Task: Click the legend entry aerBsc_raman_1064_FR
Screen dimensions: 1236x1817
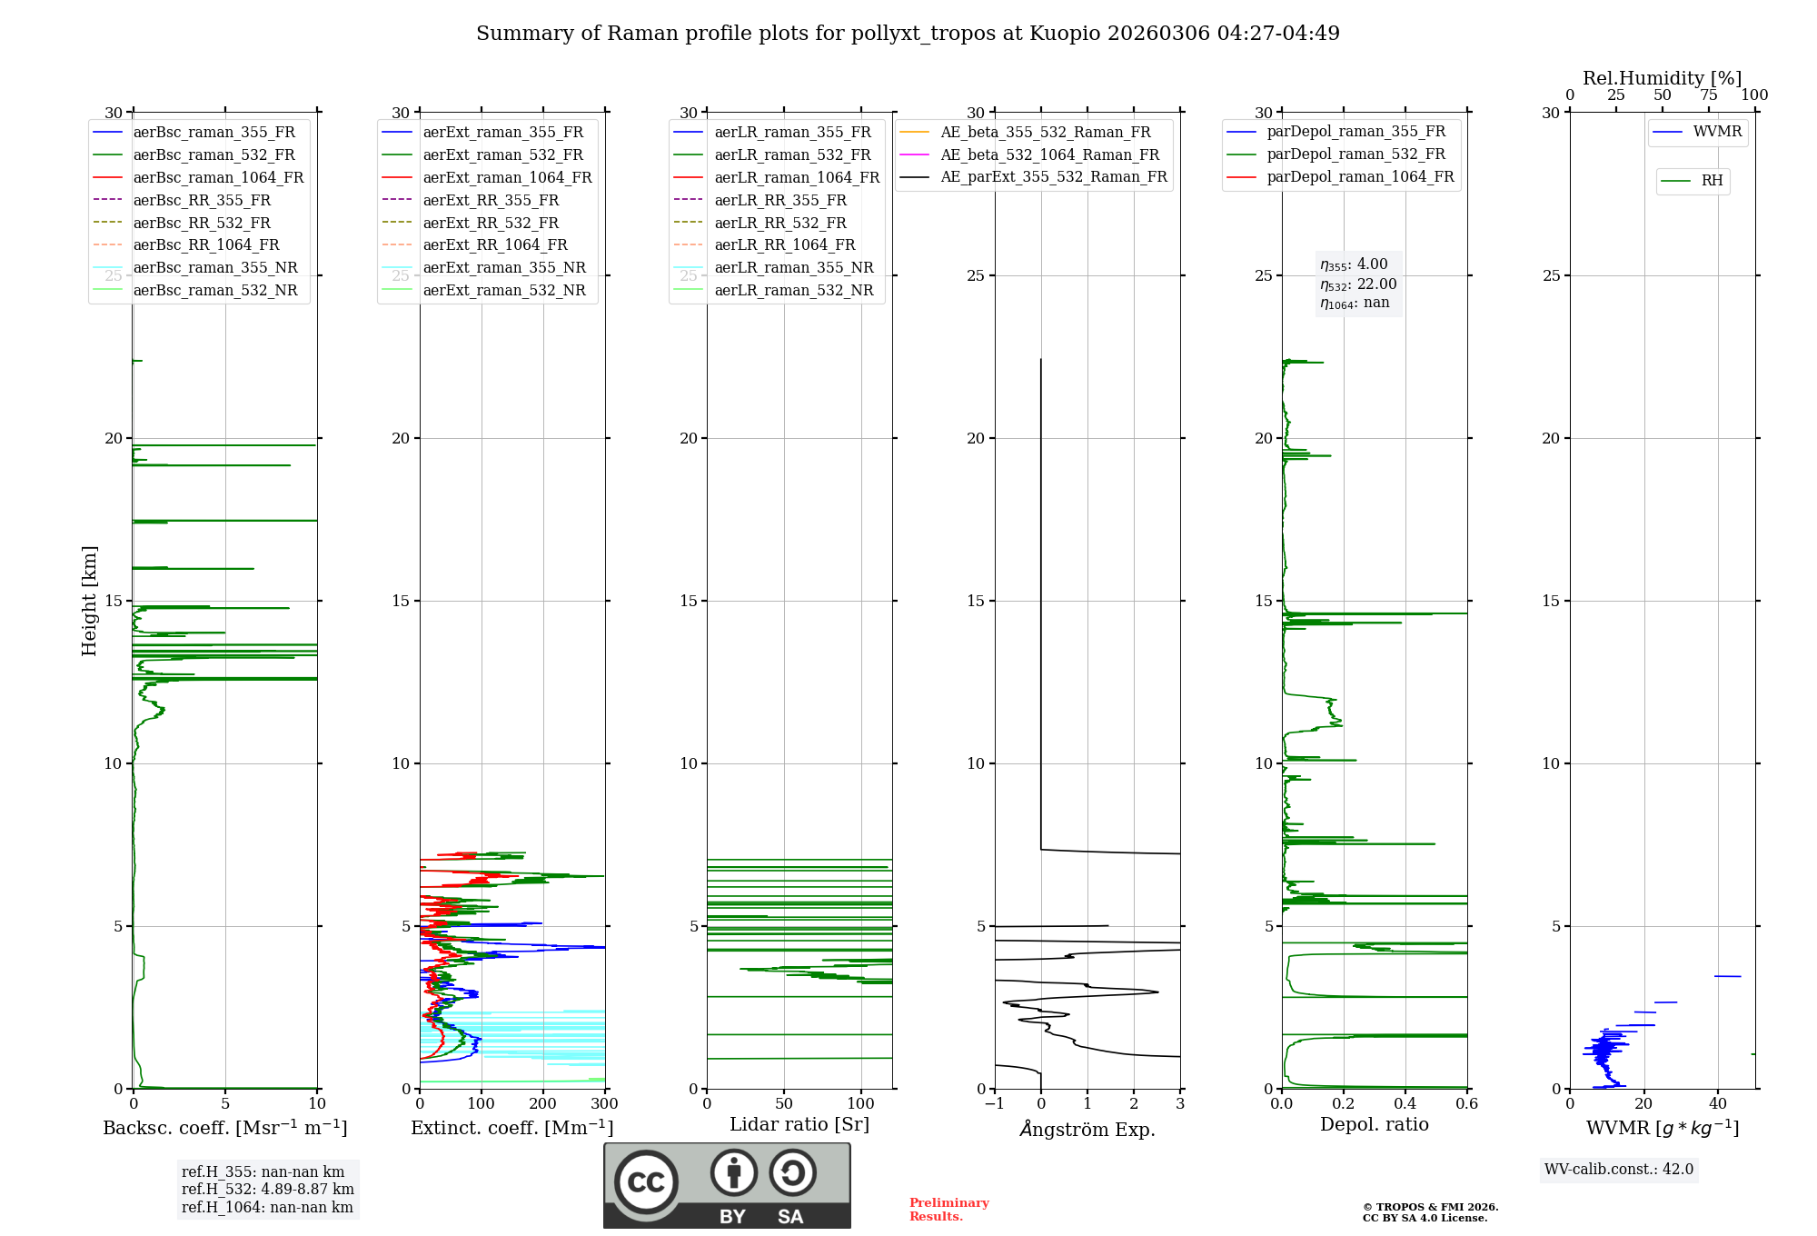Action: [218, 177]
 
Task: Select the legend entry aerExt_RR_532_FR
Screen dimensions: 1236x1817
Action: [491, 223]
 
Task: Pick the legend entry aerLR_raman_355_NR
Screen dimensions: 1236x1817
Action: [793, 267]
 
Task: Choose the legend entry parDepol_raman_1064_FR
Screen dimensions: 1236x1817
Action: [1360, 176]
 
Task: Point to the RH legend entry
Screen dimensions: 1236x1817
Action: [1712, 181]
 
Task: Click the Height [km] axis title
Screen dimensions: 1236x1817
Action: [89, 600]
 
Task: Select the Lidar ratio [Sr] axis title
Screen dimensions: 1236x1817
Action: [799, 1124]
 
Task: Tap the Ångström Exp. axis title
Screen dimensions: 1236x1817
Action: [1087, 1130]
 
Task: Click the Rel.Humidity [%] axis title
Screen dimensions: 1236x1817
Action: [1662, 78]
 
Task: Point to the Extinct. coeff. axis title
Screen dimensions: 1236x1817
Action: [511, 1128]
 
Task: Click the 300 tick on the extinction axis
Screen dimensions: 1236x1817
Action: [604, 1104]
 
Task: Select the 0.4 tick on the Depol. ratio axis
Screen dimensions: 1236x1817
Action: [1405, 1104]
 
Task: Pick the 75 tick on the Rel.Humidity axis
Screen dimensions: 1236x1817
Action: [1709, 95]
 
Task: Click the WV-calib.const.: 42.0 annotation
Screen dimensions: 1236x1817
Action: [1619, 1169]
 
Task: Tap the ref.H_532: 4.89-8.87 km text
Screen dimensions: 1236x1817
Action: [267, 1189]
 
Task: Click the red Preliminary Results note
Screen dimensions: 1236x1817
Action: [948, 1209]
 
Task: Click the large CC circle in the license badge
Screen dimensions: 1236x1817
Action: [646, 1182]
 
